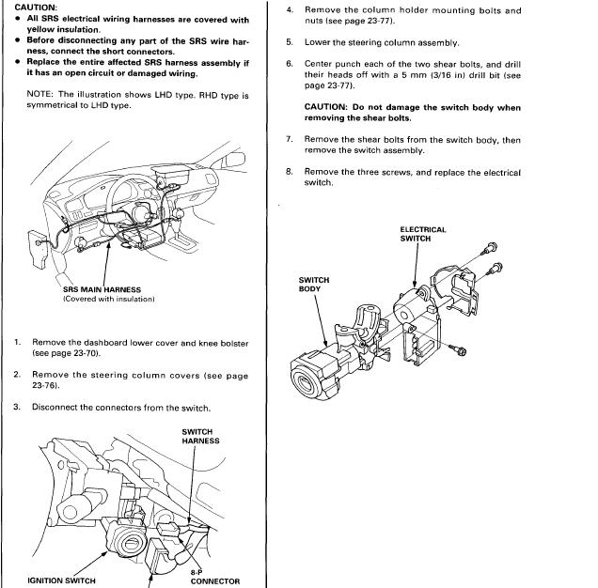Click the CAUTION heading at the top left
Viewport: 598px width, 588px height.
(30, 8)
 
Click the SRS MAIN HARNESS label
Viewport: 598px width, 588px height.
(102, 289)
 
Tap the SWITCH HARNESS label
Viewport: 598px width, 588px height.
(200, 437)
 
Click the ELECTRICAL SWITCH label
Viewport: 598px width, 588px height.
(422, 234)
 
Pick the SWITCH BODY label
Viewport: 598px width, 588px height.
(313, 285)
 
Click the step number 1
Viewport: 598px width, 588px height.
(17, 343)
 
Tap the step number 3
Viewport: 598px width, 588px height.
(17, 407)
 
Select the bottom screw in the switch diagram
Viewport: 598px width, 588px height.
(460, 350)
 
